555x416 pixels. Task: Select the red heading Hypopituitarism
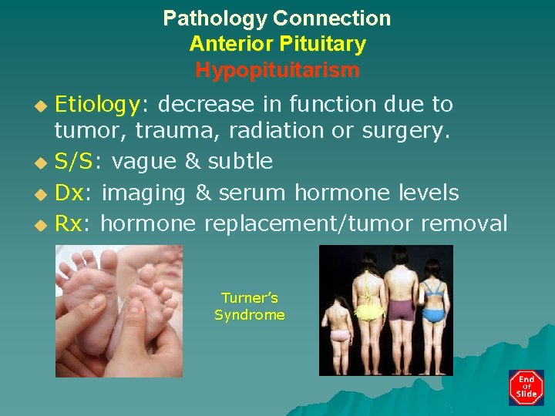tap(277, 71)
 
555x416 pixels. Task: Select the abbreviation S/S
tap(74, 161)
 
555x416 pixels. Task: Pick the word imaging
tap(144, 193)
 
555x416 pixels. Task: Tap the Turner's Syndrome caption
tap(249, 307)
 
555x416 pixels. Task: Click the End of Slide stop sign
tap(526, 387)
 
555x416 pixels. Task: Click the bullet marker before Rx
tap(42, 225)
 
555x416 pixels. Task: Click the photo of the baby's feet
tap(119, 311)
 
